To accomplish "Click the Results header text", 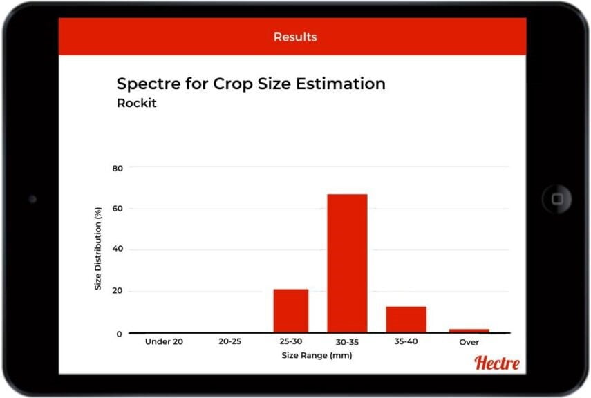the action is (295, 37).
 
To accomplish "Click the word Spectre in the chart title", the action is (149, 84).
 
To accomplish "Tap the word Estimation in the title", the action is (340, 84).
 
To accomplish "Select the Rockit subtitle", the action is (136, 103).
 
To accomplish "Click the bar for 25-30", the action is (290, 311).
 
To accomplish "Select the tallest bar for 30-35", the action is (347, 263).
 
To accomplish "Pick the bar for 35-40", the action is (406, 320).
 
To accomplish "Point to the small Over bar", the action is (469, 331).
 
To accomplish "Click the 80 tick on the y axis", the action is (118, 169).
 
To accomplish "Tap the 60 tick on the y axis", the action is (118, 209).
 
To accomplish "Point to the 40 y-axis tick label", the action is (118, 249).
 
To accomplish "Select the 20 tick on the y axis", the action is (118, 291).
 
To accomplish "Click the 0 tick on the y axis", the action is (120, 334).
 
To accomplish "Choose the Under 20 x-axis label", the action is (164, 341).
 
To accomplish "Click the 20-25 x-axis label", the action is (230, 341).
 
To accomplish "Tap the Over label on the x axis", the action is (469, 342).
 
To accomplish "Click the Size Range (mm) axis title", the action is (317, 355).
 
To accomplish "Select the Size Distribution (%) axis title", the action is (98, 249).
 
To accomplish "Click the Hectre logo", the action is (497, 363).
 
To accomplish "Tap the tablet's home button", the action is (557, 198).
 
